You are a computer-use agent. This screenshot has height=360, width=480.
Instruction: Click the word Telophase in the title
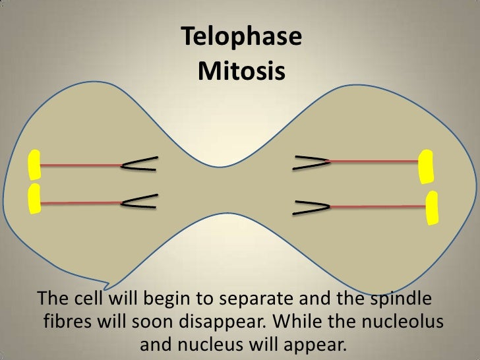[x=241, y=38]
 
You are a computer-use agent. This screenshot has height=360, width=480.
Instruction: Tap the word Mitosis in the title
[x=241, y=69]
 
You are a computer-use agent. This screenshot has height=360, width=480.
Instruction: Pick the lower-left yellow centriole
[x=33, y=199]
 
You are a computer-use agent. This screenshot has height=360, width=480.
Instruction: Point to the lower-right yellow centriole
[x=433, y=208]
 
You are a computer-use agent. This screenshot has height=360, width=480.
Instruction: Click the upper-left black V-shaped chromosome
[x=139, y=164]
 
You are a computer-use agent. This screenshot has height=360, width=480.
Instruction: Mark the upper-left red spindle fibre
[x=81, y=165]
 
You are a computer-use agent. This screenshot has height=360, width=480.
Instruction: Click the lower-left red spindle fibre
[x=81, y=202]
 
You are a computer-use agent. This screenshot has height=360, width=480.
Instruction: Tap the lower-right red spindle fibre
[x=378, y=207]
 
